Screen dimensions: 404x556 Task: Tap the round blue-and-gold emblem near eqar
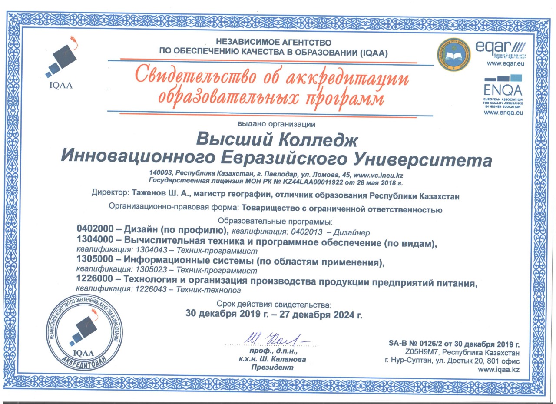coord(453,55)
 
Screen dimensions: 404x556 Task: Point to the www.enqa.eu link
coord(503,112)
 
